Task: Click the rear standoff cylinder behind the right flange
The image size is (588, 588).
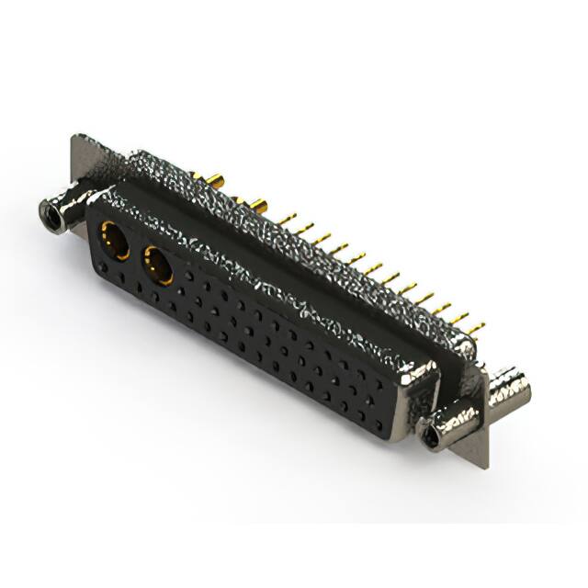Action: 509,387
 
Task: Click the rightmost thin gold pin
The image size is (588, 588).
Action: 474,323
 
